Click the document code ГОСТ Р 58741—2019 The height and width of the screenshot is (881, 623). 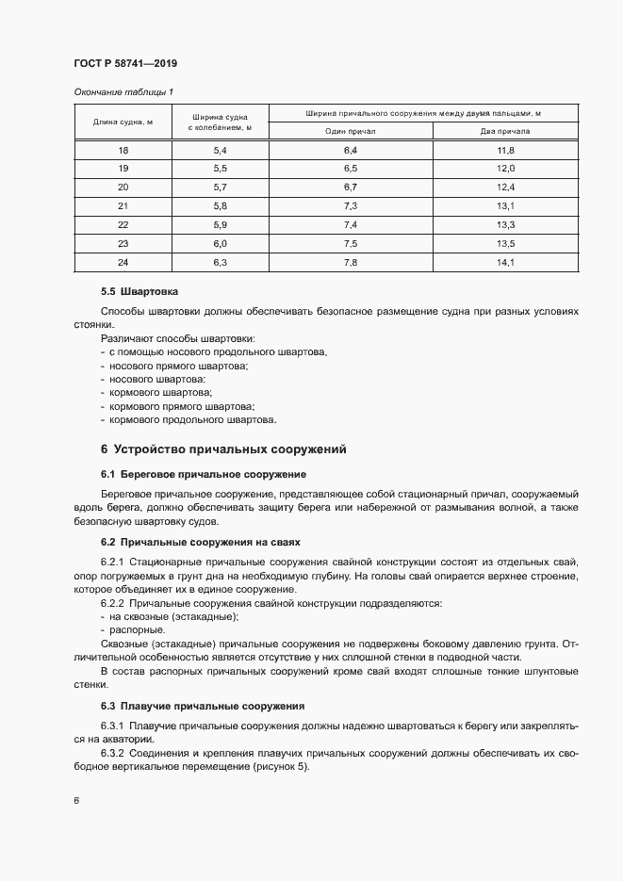pyautogui.click(x=125, y=63)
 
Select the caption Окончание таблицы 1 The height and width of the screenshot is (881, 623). pyautogui.click(x=123, y=91)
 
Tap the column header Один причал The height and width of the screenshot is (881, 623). pyautogui.click(x=351, y=132)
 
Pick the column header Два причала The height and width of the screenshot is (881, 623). pyautogui.click(x=505, y=132)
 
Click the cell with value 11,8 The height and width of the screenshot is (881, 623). pyautogui.click(x=505, y=151)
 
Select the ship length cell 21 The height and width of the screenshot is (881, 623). pyautogui.click(x=123, y=205)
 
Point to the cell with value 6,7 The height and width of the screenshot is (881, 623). pyautogui.click(x=351, y=187)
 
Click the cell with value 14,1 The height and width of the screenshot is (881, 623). pyautogui.click(x=505, y=261)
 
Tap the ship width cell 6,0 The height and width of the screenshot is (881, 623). pyautogui.click(x=221, y=242)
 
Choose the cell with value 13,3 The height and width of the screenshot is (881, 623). pyautogui.click(x=505, y=224)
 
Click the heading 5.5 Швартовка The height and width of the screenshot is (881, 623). pyautogui.click(x=139, y=292)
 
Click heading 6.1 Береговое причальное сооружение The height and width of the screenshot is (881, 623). pyautogui.click(x=203, y=473)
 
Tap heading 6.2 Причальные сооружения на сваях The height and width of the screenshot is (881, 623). pyautogui.click(x=202, y=542)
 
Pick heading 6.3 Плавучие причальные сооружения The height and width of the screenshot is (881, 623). pyautogui.click(x=202, y=706)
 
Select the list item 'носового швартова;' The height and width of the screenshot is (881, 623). pyautogui.click(x=157, y=378)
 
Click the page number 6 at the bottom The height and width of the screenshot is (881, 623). pyautogui.click(x=76, y=801)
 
